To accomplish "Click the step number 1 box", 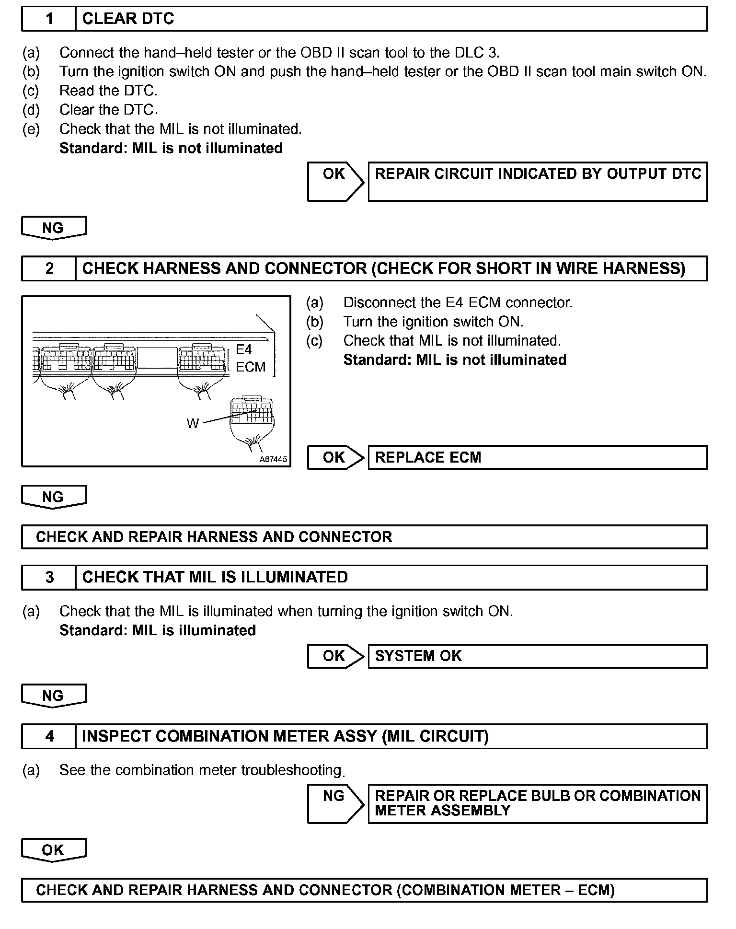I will (49, 19).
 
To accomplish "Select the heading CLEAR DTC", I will (128, 19).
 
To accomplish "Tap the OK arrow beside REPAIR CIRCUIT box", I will (334, 181).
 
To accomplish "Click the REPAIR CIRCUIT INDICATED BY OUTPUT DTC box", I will (537, 181).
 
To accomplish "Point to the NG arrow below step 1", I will (53, 228).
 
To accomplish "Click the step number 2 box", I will (49, 268).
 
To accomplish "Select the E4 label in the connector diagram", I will (244, 349).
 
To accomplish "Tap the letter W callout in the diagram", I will (192, 423).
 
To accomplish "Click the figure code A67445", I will (273, 459).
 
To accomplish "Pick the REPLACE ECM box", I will (537, 457).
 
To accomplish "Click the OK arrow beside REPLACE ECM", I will (334, 457).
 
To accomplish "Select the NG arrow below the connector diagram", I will (53, 497).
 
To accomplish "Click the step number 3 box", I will (49, 577).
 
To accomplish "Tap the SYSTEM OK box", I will (537, 656).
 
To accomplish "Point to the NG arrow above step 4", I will (53, 696).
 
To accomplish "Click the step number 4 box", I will (49, 736).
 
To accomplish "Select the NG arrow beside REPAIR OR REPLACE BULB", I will (334, 803).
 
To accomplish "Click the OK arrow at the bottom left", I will (53, 850).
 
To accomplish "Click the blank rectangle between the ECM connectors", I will (158, 358).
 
